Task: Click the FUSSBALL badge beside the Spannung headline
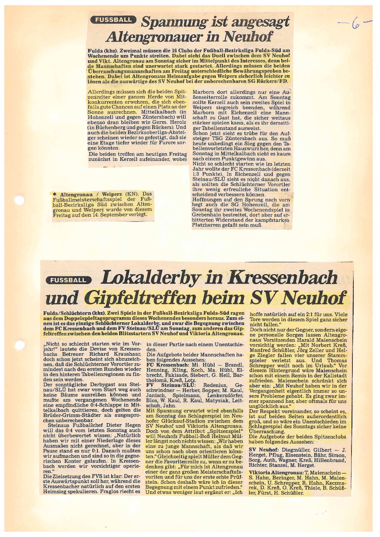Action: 112,20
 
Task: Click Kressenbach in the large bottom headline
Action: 282,277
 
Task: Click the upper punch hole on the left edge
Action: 19,200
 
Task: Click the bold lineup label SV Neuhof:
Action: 264,450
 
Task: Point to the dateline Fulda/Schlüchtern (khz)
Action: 74,313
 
